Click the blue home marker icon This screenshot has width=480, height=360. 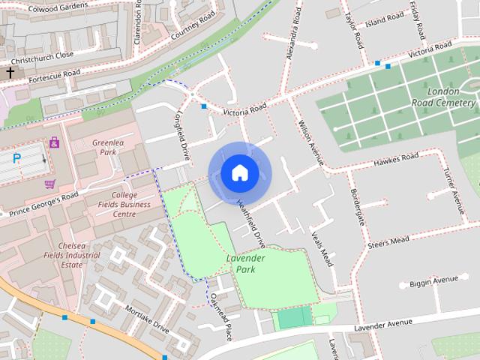tap(239, 173)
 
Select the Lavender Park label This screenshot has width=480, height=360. tap(246, 263)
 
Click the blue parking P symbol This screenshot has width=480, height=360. tap(17, 158)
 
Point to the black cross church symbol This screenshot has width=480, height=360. tap(10, 72)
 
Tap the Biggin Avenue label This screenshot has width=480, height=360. tap(433, 281)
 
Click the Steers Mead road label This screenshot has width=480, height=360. tap(388, 241)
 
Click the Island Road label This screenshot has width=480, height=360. tap(385, 18)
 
